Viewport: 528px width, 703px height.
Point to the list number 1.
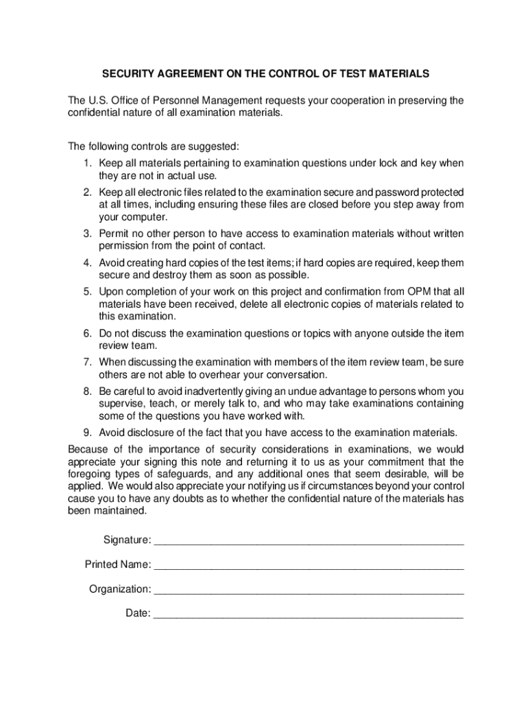click(x=88, y=163)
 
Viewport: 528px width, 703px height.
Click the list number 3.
click(x=88, y=233)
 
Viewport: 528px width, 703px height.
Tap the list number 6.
click(x=88, y=334)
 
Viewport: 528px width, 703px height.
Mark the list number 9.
click(x=88, y=433)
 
